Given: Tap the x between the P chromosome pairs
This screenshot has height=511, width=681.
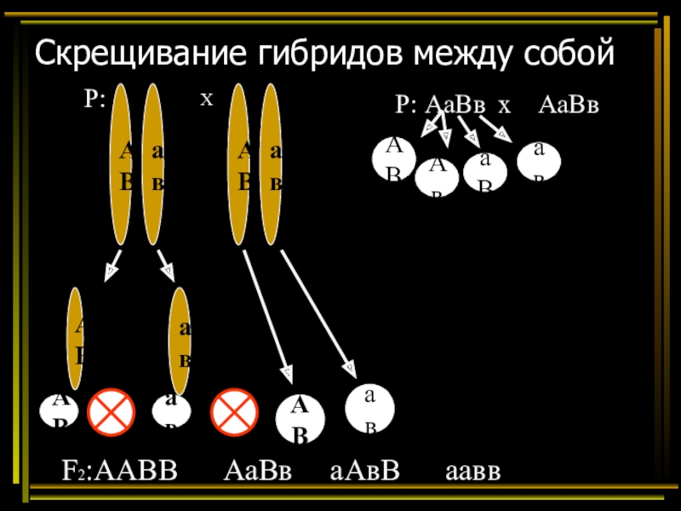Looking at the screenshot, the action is pos(205,100).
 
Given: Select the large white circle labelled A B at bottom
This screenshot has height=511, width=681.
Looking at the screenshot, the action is pos(300,420).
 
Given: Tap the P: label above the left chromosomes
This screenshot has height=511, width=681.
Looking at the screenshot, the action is pos(94,100).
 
